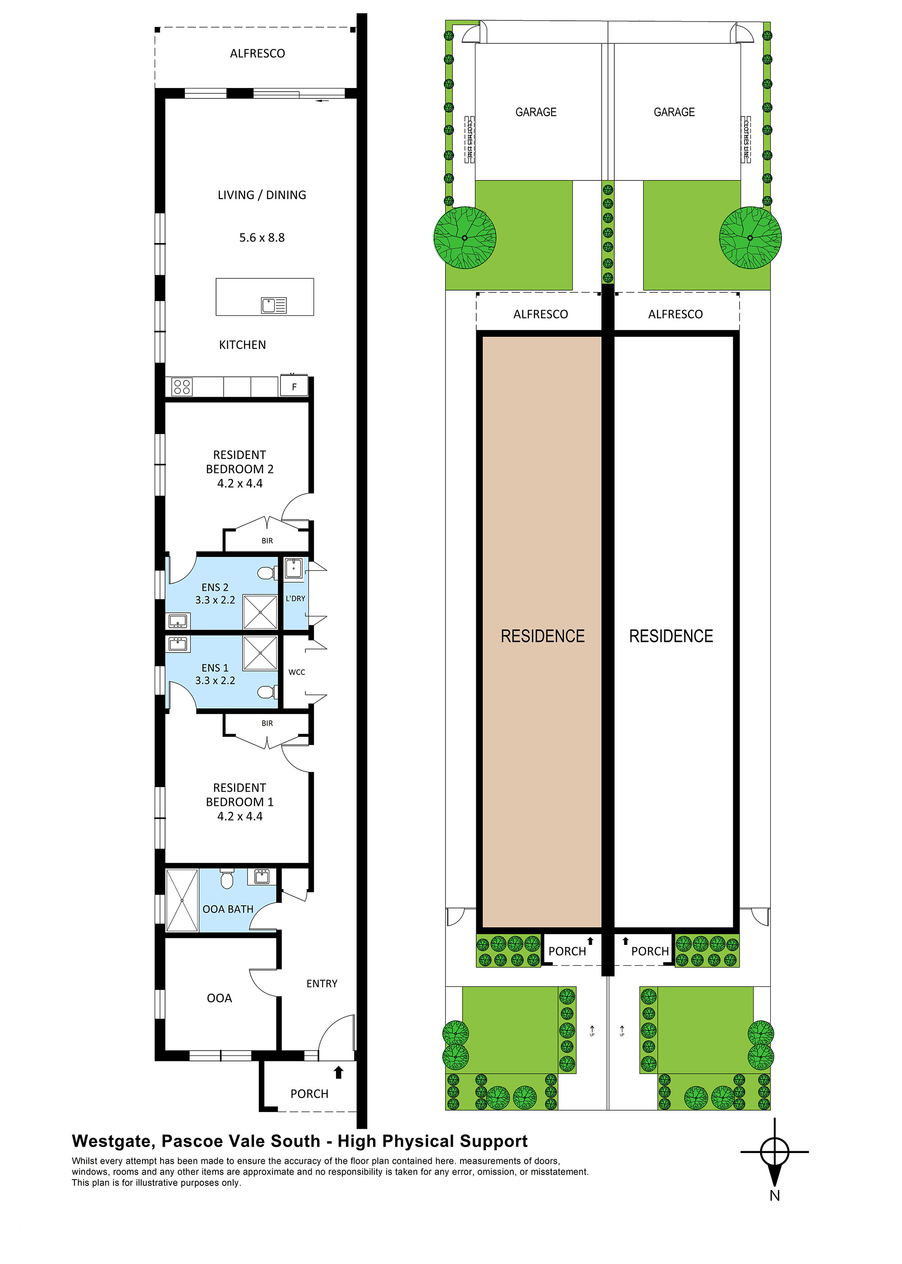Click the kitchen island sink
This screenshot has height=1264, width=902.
pos(274,305)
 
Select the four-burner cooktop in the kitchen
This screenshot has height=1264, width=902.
pos(182,386)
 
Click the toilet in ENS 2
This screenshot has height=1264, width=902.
pos(267,573)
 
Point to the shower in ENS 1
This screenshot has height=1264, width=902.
pos(260,653)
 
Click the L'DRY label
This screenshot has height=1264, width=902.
pos(295,598)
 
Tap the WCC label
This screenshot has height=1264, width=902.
pos(297,672)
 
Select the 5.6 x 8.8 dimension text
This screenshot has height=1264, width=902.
pos(262,237)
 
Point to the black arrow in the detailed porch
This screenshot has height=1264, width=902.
pos(338,1072)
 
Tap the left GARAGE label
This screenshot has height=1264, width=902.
pos(535,112)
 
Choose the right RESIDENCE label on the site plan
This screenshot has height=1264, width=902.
pos(671,636)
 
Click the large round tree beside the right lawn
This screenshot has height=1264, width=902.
pos(750,238)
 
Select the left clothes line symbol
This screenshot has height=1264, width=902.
pos(469,139)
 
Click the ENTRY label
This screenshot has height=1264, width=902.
pos(322,983)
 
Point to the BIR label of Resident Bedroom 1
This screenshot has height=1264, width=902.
pos(267,723)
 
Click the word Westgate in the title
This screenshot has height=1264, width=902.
pos(113,1141)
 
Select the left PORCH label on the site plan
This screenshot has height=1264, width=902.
pos(567,951)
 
